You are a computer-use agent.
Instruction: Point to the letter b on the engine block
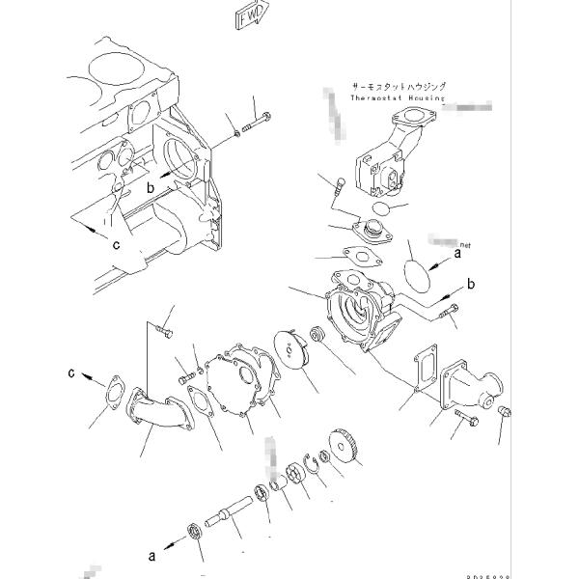(x=151, y=188)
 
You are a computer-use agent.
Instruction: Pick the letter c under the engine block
(x=115, y=245)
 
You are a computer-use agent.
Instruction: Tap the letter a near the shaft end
(x=151, y=555)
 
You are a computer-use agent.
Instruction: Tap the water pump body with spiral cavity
(x=363, y=309)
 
